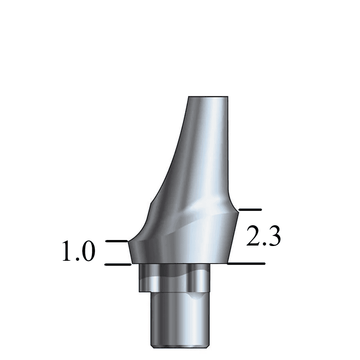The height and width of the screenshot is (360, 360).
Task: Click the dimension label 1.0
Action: [78, 252]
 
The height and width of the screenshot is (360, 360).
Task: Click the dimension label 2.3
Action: [264, 236]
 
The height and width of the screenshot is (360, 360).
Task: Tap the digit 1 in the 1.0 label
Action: [67, 252]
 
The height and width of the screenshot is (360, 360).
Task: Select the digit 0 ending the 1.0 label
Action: [88, 252]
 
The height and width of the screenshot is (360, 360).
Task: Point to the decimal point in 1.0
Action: [78, 260]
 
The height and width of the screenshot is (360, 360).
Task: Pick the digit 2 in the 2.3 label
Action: [253, 236]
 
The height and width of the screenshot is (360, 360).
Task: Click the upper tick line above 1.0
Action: [116, 241]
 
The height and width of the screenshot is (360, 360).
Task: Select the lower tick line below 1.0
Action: [118, 264]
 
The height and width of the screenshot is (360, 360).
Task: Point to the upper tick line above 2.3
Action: [250, 210]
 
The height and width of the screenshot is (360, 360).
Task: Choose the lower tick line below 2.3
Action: [246, 264]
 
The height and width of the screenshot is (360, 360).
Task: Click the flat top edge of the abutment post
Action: [208, 97]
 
